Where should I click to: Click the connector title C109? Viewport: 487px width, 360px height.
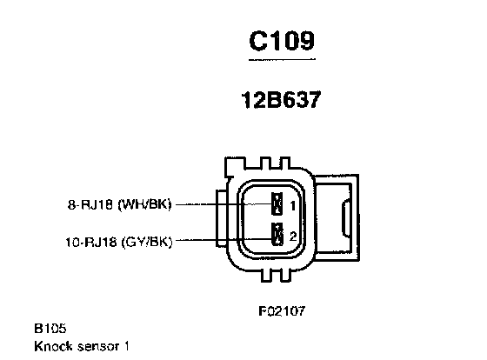tap(282, 40)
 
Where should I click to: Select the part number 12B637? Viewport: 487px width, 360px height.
tap(281, 100)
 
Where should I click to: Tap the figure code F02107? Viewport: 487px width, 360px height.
tap(282, 310)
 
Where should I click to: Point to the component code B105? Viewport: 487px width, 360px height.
tap(50, 329)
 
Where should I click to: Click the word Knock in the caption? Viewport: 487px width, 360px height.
tap(53, 346)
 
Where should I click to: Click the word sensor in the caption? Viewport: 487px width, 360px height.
tap(99, 347)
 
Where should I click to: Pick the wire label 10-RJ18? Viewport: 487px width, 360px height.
tap(90, 242)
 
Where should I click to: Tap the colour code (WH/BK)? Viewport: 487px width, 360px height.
tap(144, 204)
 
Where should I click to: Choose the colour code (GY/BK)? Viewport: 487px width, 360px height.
tap(147, 242)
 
